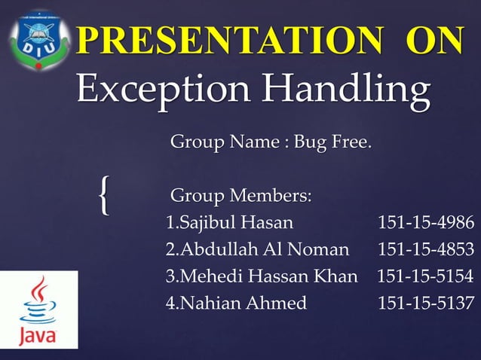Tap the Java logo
pos(38,310)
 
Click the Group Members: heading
pos(240,197)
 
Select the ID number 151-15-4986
pos(426,224)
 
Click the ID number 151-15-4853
pos(426,249)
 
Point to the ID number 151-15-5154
pos(426,276)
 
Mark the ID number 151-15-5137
pos(426,304)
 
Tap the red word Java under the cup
pos(37,334)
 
